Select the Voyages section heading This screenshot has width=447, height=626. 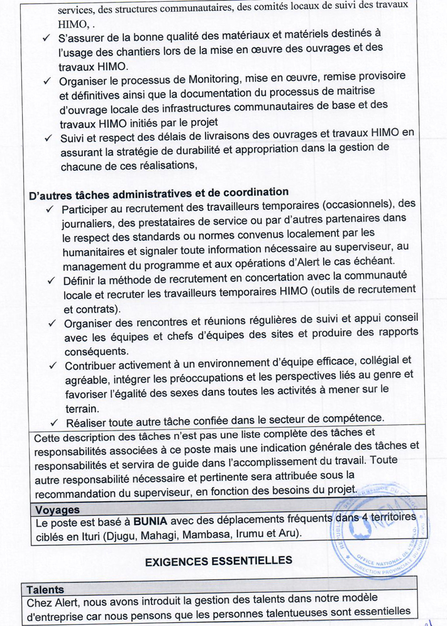[x=57, y=509]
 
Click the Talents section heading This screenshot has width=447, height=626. [x=45, y=589]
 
